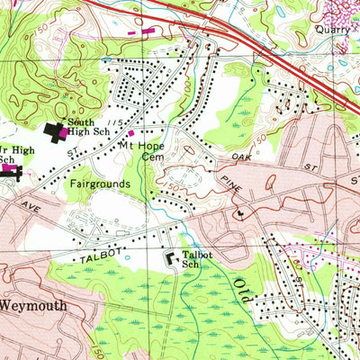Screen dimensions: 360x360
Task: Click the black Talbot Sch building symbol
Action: point(170,259)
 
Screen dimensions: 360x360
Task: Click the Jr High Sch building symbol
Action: point(10,169)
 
